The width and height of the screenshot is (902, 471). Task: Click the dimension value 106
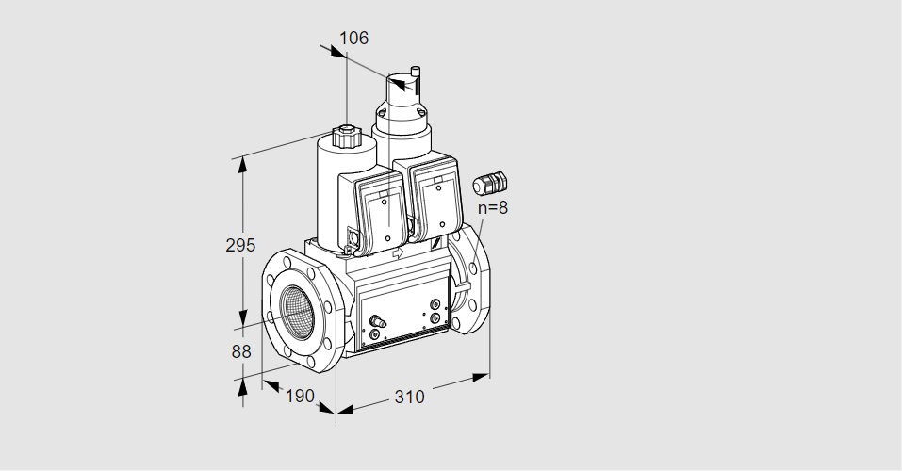(x=353, y=39)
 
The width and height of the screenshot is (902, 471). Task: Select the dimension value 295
(x=240, y=246)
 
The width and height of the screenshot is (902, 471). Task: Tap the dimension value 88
(x=241, y=351)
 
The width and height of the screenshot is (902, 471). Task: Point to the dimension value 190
(x=299, y=397)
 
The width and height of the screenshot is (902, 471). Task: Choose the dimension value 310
(x=409, y=397)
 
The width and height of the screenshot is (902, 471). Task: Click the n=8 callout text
(x=492, y=208)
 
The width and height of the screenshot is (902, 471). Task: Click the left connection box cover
(x=382, y=214)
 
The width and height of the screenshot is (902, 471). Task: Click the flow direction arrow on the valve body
(x=397, y=252)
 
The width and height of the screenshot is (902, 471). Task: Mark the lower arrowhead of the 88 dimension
(x=242, y=383)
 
